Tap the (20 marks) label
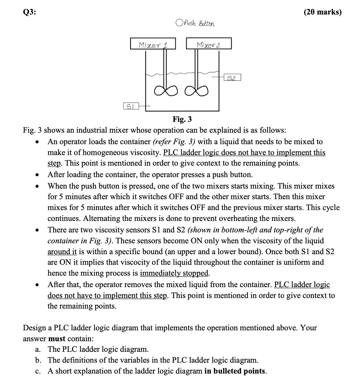click(323, 12)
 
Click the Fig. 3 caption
click(182, 119)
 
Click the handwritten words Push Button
click(199, 23)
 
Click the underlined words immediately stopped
click(175, 273)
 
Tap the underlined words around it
click(62, 251)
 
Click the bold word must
click(57, 338)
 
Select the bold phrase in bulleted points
click(235, 371)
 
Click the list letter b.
click(38, 360)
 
